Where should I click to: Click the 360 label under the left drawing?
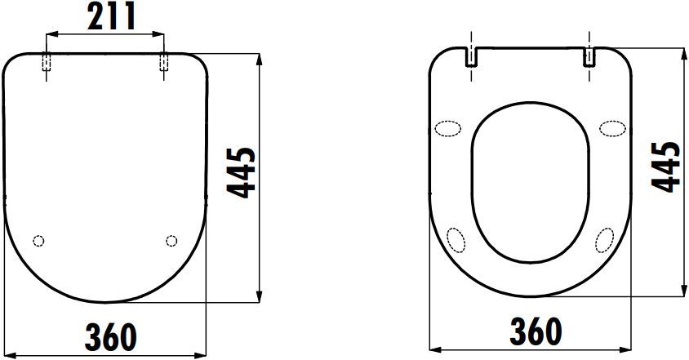pyautogui.click(x=110, y=336)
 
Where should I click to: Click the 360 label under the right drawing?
pyautogui.click(x=535, y=331)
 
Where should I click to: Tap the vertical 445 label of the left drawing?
pyautogui.click(x=242, y=172)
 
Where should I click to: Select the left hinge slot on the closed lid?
pyautogui.click(x=47, y=63)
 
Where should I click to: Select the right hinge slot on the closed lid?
pyautogui.click(x=164, y=63)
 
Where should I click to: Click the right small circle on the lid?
pyautogui.click(x=171, y=240)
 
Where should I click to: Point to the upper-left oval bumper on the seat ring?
pyautogui.click(x=448, y=128)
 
